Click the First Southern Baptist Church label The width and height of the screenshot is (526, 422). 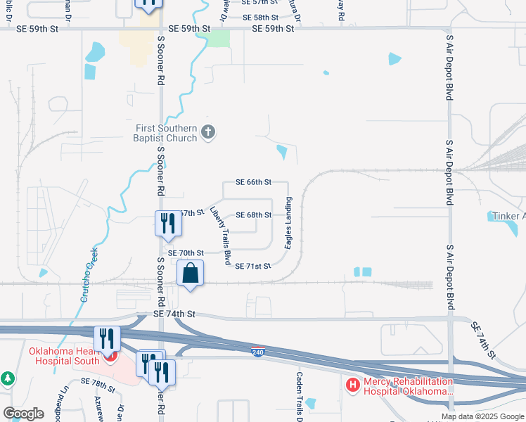[167, 132]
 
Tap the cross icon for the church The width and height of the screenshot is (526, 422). [207, 132]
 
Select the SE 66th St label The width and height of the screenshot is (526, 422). [254, 182]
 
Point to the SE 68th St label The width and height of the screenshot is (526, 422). [254, 215]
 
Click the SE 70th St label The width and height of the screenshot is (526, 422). [186, 252]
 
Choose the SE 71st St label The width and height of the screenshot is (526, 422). [253, 267]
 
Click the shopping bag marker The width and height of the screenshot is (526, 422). [191, 273]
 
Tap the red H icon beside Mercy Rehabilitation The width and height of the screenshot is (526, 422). [353, 385]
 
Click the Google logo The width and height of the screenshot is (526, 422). [24, 414]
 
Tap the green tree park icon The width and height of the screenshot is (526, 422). [8, 379]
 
